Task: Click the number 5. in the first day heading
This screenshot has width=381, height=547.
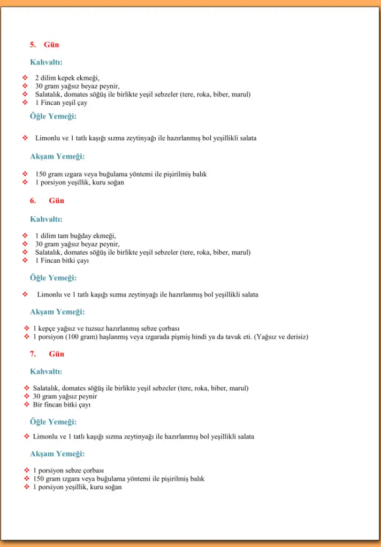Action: click(x=33, y=45)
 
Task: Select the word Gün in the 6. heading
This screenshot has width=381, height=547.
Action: click(x=56, y=201)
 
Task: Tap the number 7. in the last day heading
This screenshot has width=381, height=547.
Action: click(x=33, y=354)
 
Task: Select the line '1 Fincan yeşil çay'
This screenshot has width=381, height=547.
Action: click(x=61, y=103)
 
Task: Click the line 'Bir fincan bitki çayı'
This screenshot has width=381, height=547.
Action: click(x=62, y=405)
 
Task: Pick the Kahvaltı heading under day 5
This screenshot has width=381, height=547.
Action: click(x=46, y=62)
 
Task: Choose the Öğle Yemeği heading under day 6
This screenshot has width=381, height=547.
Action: click(x=53, y=278)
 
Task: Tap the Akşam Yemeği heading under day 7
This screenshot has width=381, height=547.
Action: click(x=57, y=454)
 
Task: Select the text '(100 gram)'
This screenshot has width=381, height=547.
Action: click(x=80, y=337)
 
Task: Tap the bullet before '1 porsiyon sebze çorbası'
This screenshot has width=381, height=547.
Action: click(x=26, y=471)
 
